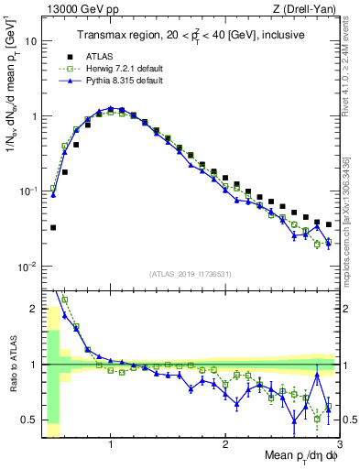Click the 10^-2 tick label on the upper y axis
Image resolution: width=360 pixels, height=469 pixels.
tap(27, 267)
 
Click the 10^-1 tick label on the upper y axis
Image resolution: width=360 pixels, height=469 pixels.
tap(27, 191)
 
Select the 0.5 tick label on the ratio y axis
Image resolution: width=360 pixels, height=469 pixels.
tap(31, 420)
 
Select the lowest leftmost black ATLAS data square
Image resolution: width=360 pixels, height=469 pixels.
tap(53, 227)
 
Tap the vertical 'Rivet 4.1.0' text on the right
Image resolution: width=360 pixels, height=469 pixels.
tap(352, 69)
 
